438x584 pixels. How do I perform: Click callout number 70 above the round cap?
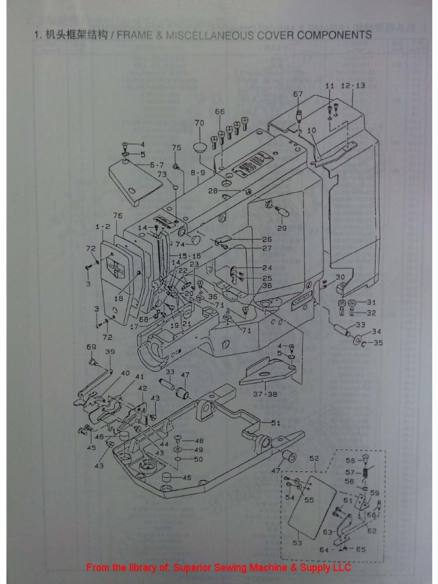[199, 123]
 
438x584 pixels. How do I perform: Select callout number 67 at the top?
[298, 94]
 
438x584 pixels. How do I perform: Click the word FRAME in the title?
[136, 35]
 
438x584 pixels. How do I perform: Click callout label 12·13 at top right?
[352, 86]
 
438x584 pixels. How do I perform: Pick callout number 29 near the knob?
[282, 228]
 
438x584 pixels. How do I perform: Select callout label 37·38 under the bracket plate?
[265, 394]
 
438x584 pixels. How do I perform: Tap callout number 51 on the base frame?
[275, 423]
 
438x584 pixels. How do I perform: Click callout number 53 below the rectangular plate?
[297, 544]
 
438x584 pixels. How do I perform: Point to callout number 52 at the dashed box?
[314, 458]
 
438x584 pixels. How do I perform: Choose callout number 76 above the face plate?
[118, 216]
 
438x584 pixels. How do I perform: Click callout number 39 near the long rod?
[109, 352]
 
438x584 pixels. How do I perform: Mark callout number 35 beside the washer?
[377, 343]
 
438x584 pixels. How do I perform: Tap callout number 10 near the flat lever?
[311, 131]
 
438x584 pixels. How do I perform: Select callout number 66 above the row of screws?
[220, 112]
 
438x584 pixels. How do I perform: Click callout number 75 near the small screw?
[177, 148]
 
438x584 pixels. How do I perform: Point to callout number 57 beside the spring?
[351, 472]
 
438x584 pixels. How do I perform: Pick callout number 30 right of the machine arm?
[340, 277]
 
